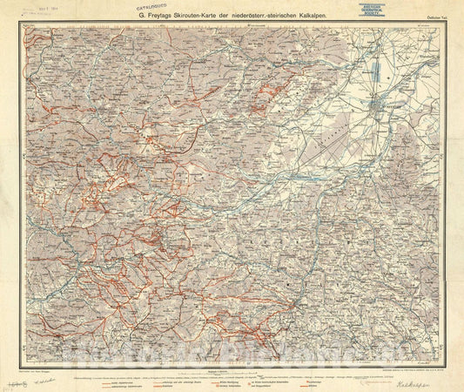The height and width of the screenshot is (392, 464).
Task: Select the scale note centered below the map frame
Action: [231, 345]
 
